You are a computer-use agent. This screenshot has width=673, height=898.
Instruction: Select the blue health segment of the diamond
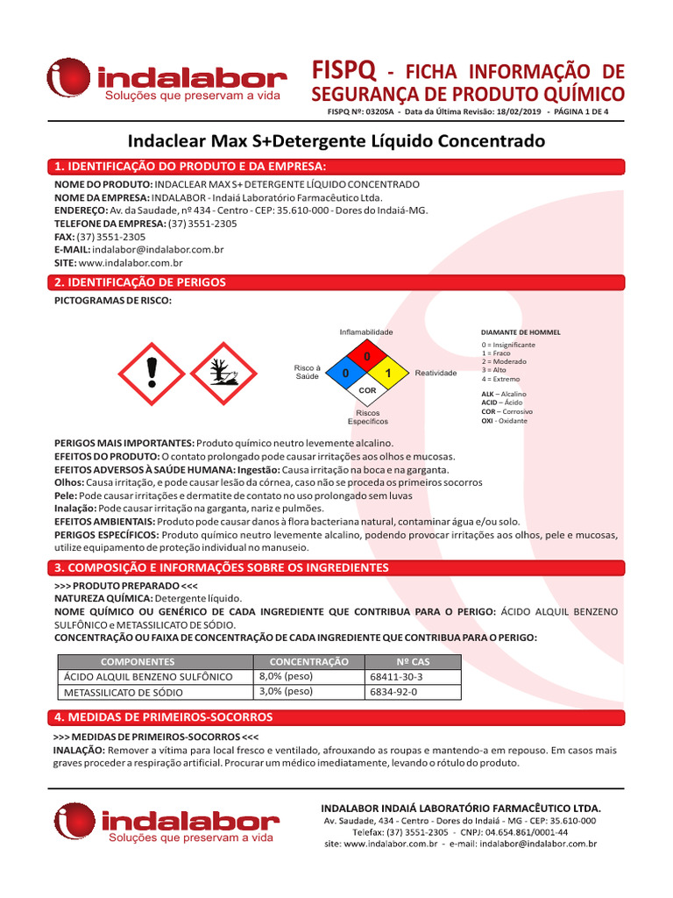347,374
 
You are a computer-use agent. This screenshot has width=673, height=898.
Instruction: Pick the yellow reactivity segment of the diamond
387,374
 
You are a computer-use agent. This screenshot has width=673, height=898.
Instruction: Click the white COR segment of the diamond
367,390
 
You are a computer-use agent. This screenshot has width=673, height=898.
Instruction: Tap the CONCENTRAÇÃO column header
308,661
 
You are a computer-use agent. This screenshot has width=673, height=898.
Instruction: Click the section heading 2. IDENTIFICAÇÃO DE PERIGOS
140,282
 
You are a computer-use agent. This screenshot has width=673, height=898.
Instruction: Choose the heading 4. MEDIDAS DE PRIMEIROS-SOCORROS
163,717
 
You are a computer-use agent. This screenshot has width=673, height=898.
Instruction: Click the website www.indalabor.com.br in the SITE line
130,262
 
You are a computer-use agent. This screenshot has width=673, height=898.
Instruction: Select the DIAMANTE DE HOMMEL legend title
521,333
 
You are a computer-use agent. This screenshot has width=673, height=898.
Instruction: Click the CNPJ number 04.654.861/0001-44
526,831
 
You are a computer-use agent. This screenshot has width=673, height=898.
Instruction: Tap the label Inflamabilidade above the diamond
366,332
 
